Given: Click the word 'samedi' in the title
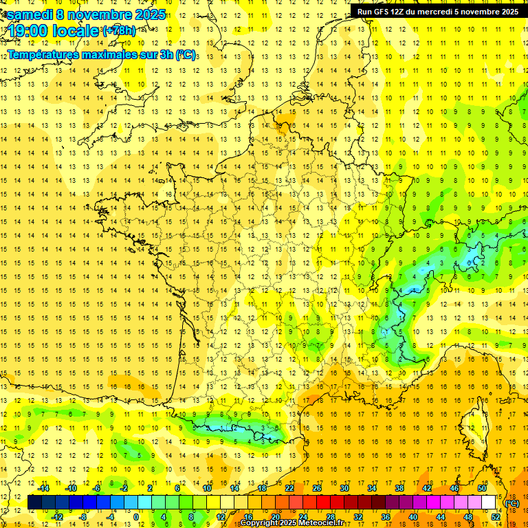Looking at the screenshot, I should pos(30,14).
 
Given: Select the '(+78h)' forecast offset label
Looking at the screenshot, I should pos(118,31).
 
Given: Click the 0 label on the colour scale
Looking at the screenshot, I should pos(135,517).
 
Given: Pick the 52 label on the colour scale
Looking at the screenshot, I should pos(495,517).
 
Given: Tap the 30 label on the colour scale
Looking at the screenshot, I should pos(344,488).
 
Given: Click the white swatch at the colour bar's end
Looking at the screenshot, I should pos(489,503).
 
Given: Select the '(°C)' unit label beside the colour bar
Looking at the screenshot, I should pos(511,503).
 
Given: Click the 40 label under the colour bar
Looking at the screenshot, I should pos(412,517).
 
